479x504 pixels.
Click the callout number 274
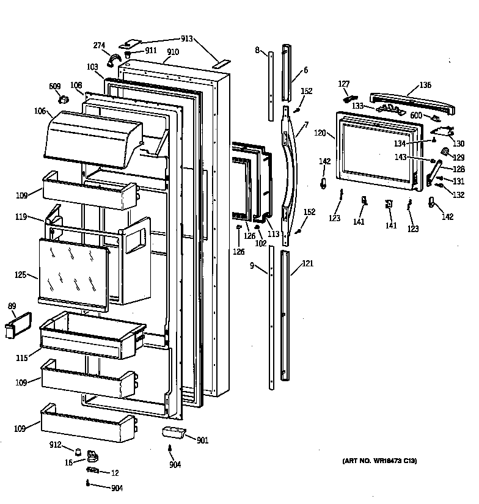pos(100,45)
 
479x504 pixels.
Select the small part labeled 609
pos(63,100)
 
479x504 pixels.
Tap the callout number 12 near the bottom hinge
pos(115,473)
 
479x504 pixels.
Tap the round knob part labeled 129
pos(445,150)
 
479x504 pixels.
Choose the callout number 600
pos(416,115)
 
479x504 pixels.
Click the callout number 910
pos(173,52)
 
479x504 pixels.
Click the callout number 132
pos(458,195)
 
